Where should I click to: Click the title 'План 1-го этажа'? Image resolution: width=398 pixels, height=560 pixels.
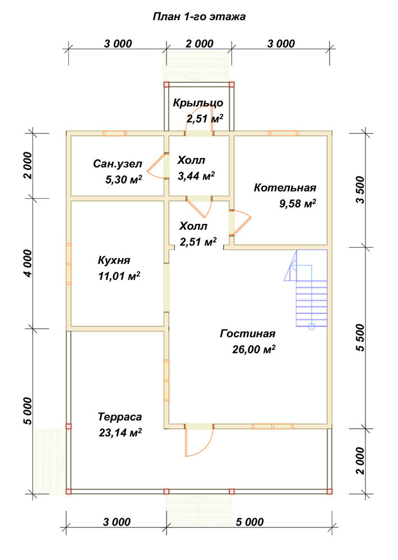[x=199, y=17]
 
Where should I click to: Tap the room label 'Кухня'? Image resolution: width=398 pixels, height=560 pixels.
[x=114, y=260]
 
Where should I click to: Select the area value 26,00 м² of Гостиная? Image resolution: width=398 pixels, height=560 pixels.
[x=253, y=349]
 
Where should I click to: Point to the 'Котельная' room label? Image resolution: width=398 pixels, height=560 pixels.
[x=285, y=188]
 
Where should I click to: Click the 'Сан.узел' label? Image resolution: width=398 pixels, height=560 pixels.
[x=118, y=164]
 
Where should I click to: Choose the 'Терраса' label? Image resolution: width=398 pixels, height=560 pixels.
[x=120, y=417]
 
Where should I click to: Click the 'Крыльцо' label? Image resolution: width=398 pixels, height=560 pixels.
[x=198, y=103]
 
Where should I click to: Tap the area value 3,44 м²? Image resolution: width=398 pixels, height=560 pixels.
[x=196, y=175]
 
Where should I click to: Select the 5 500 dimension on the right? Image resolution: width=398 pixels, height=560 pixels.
[x=361, y=338]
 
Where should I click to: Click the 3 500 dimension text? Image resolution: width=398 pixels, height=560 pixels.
[x=361, y=190]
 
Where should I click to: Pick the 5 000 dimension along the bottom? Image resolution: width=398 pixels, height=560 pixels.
[x=249, y=522]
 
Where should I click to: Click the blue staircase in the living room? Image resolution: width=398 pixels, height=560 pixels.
[x=307, y=288]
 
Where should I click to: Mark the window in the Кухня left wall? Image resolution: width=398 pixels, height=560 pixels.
[x=68, y=264]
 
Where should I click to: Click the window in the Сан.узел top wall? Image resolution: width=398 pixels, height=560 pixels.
[x=114, y=133]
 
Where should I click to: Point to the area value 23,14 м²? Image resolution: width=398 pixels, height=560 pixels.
[x=120, y=432]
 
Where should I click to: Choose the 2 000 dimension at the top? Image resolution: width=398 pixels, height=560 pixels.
[x=199, y=44]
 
